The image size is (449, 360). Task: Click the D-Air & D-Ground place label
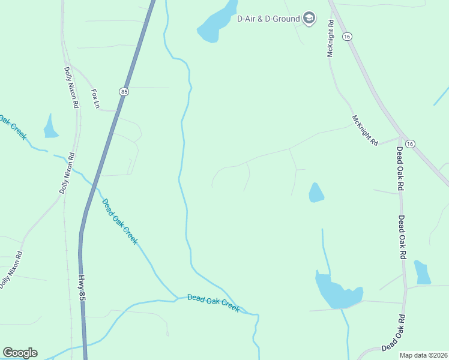[x=269, y=19]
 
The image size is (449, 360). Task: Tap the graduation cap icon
[x=309, y=19]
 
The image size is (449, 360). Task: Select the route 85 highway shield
[x=124, y=92]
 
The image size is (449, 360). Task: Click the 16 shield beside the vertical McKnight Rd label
[x=347, y=37]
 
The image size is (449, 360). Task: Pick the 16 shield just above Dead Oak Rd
[x=410, y=144]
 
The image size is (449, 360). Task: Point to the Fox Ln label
[x=95, y=99]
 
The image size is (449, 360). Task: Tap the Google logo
[x=20, y=353]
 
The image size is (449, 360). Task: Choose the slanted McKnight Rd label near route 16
[x=366, y=130]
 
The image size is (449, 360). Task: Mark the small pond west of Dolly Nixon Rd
[x=50, y=128]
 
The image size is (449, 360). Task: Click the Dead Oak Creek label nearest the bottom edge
[x=213, y=303]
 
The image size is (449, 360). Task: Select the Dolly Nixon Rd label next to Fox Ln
[x=71, y=86]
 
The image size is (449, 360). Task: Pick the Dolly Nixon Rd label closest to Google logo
[x=11, y=269]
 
